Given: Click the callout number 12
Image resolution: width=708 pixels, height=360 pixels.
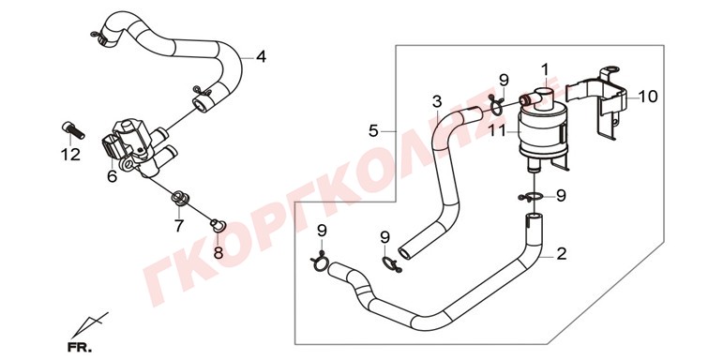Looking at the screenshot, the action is pyautogui.click(x=70, y=155).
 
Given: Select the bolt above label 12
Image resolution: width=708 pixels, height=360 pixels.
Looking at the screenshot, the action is pyautogui.click(x=73, y=129).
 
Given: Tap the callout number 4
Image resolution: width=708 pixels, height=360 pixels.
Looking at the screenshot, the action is pyautogui.click(x=261, y=57).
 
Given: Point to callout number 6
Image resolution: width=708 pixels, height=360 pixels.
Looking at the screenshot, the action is pyautogui.click(x=112, y=176).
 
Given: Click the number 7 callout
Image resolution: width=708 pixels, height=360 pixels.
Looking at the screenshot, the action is pyautogui.click(x=179, y=225).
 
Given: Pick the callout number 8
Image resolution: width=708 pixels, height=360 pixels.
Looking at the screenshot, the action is pyautogui.click(x=218, y=253).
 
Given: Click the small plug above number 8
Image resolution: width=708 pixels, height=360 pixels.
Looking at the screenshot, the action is pyautogui.click(x=218, y=224).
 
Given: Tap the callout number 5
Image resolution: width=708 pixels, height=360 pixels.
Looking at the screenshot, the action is pyautogui.click(x=373, y=131).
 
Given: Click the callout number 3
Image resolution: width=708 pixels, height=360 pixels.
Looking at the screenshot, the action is pyautogui.click(x=437, y=102).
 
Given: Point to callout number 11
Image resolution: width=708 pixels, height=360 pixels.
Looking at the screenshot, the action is pyautogui.click(x=498, y=131).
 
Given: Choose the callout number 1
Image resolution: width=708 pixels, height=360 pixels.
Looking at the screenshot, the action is pyautogui.click(x=545, y=70).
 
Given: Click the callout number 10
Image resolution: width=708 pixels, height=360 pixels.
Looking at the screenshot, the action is pyautogui.click(x=648, y=97).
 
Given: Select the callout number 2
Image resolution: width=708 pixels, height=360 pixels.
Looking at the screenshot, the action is pyautogui.click(x=562, y=254).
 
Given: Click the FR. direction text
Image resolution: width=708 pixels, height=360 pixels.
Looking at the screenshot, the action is pyautogui.click(x=80, y=348).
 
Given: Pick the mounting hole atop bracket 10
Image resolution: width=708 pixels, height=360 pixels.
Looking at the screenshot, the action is pyautogui.click(x=611, y=70).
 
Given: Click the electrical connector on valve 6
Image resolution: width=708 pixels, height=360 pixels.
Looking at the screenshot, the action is pyautogui.click(x=111, y=145).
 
